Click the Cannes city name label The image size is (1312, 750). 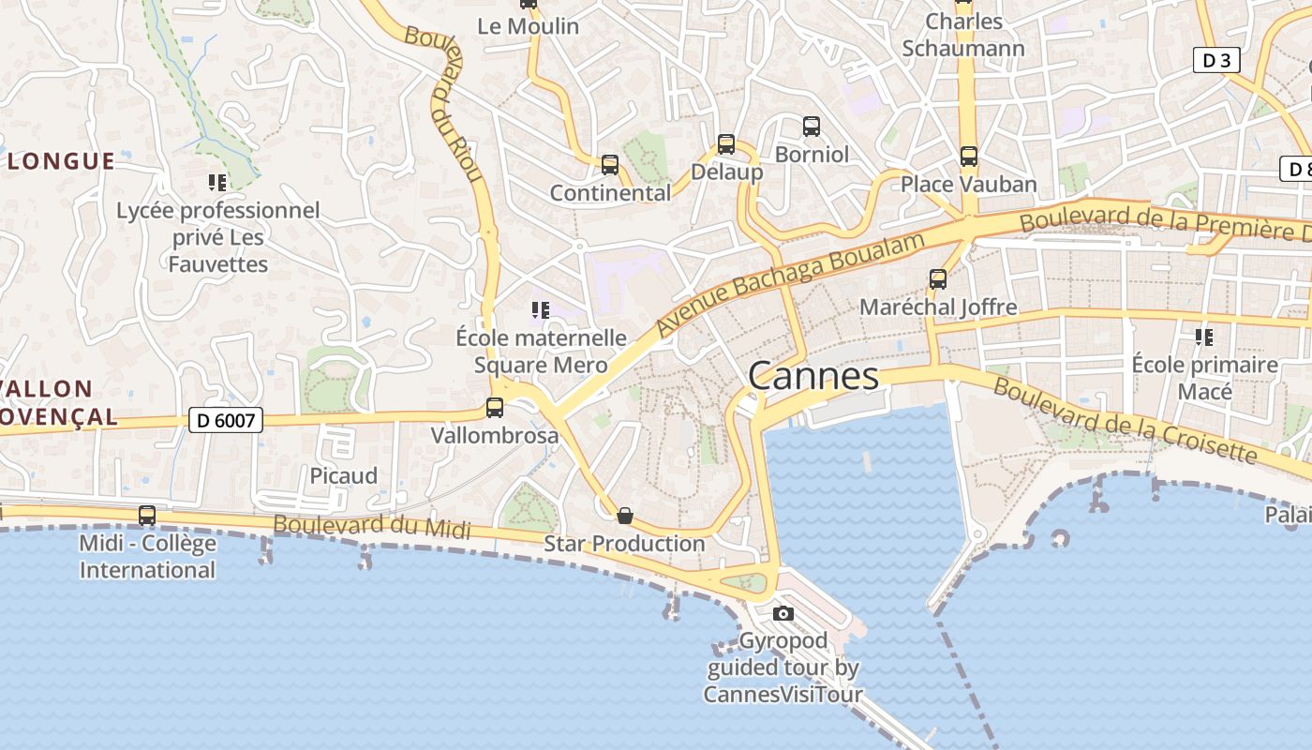813,376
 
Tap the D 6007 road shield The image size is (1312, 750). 226,421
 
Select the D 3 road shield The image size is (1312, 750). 1216,61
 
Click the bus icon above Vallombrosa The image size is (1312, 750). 495,408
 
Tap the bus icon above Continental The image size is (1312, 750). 610,165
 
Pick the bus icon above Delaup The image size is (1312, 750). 726,144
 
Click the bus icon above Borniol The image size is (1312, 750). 812,126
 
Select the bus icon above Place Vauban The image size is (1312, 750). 968,157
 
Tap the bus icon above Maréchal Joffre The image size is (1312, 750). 938,278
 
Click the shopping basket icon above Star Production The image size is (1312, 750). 625,516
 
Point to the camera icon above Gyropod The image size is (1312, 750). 783,614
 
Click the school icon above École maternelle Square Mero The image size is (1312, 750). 541,309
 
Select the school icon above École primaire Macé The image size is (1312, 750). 1204,337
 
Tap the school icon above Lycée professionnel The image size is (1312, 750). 217,183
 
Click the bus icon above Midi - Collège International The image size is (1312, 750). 147,516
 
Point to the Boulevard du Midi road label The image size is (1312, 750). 372,527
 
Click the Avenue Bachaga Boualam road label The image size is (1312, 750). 790,282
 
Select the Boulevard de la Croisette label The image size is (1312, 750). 1124,421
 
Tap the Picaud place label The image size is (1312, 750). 344,476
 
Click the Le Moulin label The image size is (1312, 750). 529,26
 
